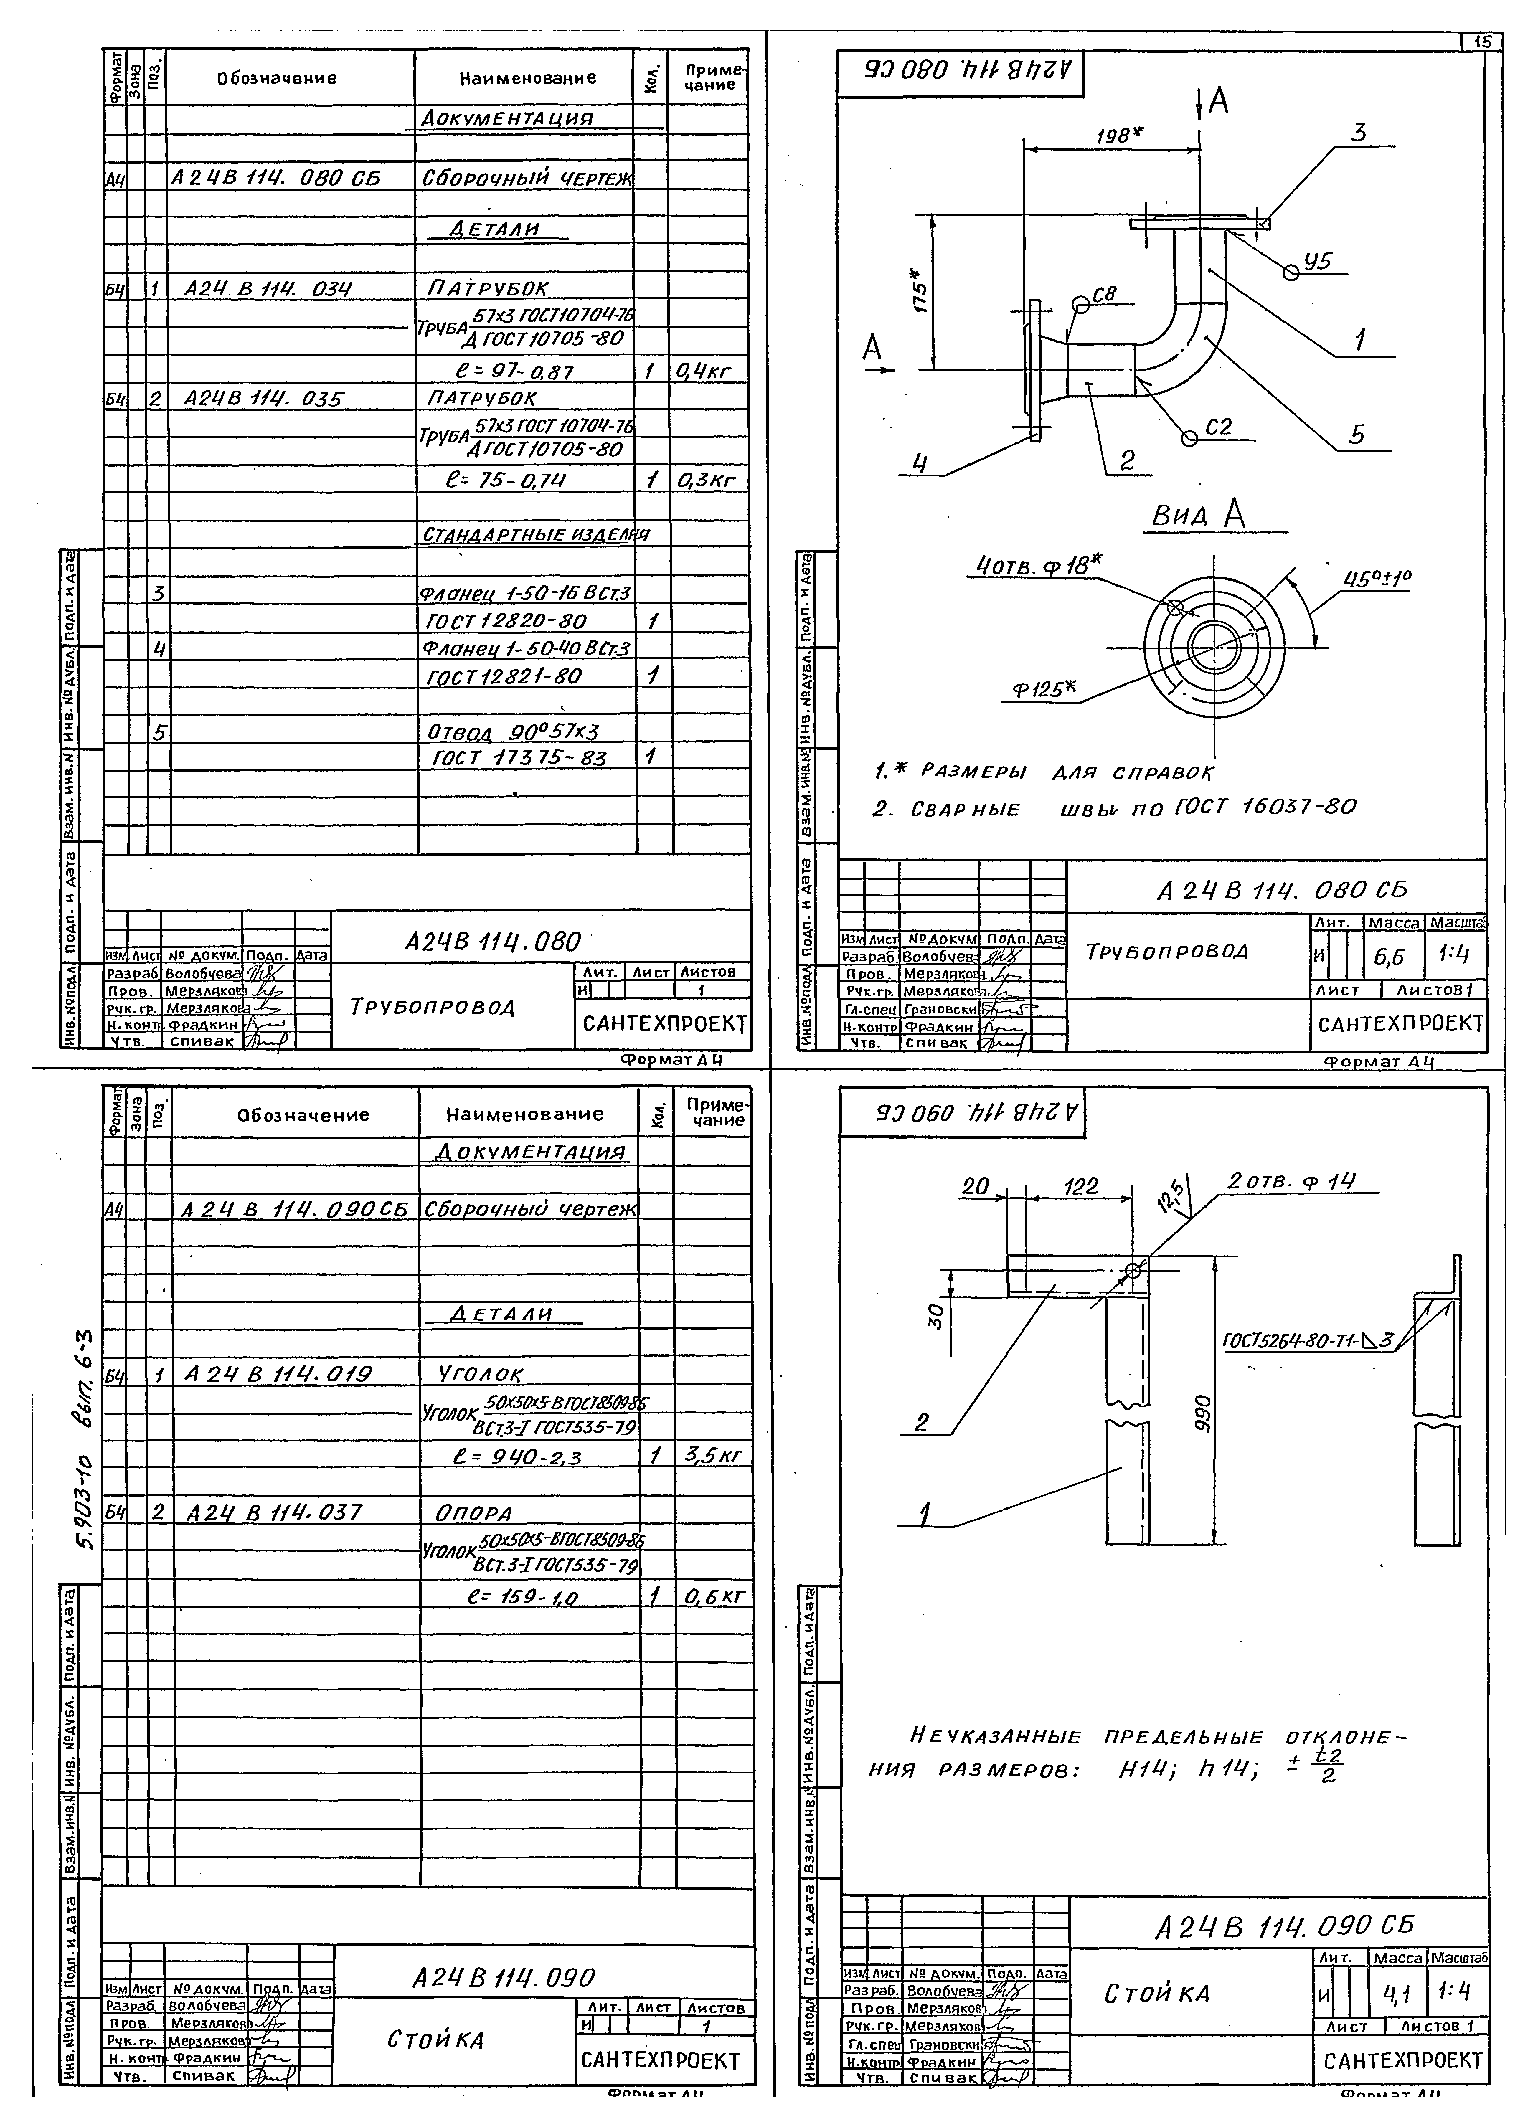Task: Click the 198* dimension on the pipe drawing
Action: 1118,135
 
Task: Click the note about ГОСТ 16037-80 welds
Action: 1113,807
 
